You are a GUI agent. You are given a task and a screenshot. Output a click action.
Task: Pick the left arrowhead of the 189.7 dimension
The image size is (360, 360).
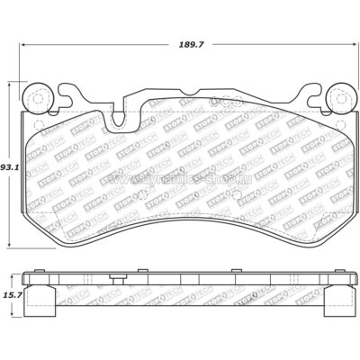[25, 47]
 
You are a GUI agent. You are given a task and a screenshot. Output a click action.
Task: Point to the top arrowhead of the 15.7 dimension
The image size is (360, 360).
[12, 273]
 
